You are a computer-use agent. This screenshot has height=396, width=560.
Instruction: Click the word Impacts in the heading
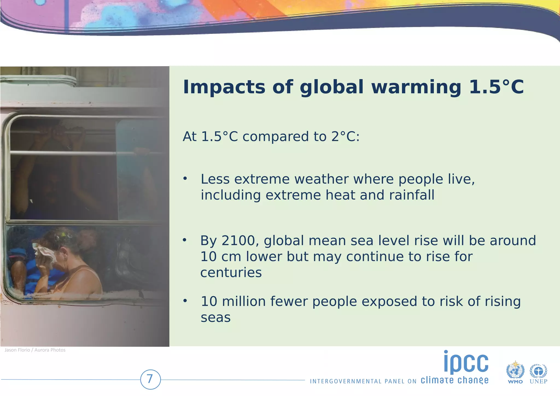tap(224, 87)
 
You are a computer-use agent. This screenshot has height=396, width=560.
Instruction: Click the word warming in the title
tap(416, 87)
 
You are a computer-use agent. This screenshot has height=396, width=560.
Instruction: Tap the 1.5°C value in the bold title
tap(496, 87)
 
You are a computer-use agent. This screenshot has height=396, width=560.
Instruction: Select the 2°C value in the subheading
tap(345, 136)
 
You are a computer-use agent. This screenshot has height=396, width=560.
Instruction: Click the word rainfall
tap(412, 195)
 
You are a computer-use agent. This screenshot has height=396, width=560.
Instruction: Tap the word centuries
tap(231, 272)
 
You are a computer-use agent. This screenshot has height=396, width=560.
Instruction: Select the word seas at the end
tap(215, 318)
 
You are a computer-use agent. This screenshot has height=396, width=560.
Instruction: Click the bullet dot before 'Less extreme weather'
tap(185, 179)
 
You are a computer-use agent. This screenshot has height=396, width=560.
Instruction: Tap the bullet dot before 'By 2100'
tap(185, 240)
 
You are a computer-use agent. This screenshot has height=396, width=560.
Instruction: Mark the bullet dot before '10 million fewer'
tap(185, 301)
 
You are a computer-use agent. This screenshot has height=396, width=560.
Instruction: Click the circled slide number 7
tap(150, 379)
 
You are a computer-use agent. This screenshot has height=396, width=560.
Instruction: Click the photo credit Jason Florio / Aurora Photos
tap(35, 350)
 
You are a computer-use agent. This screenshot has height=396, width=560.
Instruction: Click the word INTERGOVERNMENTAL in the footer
tap(346, 381)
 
